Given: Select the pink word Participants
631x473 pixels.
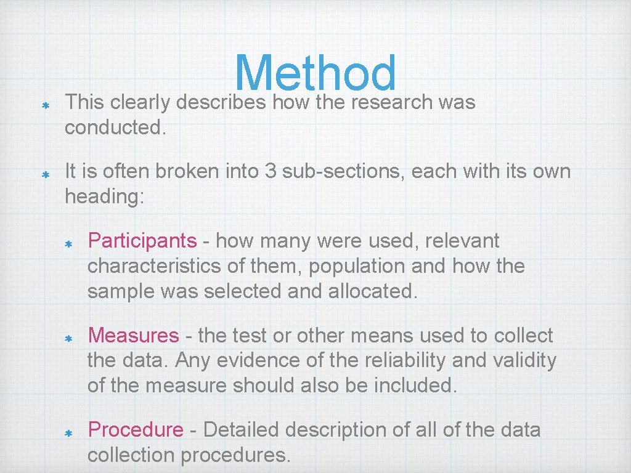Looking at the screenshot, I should pos(142,241).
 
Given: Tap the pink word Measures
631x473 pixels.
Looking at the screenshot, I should pos(133,336).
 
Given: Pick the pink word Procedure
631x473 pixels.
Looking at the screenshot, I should pos(136,430).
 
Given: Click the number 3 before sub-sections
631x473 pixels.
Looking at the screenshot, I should pos(270,171).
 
